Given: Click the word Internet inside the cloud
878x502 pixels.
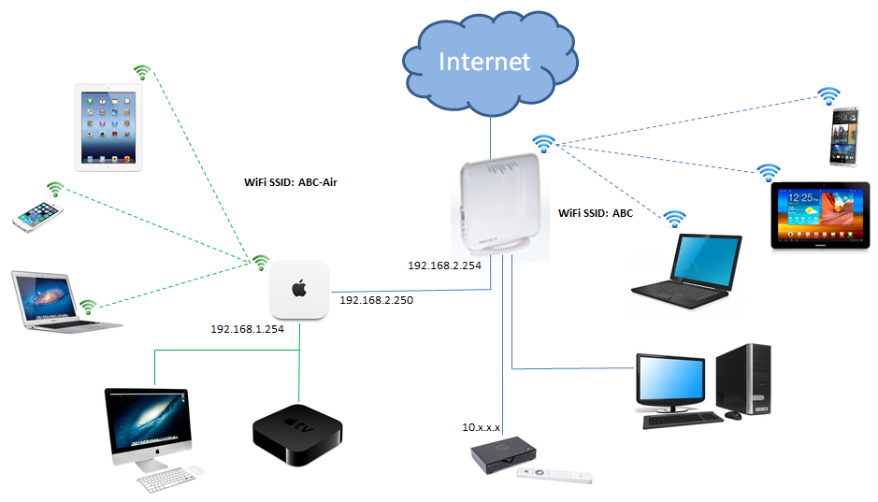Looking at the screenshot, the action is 484,62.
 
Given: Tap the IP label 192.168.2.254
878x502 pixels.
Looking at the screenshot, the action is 444,265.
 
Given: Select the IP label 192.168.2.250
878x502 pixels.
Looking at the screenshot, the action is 376,300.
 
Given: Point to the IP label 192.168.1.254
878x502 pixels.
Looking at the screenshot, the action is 247,329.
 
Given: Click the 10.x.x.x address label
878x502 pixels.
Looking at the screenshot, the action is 481,427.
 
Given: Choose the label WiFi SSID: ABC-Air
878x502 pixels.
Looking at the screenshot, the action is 291,182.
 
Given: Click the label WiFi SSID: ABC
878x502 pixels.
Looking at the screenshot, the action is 596,213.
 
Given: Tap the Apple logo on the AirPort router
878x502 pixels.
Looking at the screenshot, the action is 299,289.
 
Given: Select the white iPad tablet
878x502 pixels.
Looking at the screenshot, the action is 108,127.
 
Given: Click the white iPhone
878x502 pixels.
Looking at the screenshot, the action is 37,217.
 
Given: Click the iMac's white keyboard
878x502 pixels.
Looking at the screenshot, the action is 166,480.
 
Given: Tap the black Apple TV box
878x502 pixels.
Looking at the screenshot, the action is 297,435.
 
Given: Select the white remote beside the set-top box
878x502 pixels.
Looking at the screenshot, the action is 554,475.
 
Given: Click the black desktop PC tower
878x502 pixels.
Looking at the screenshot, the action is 743,379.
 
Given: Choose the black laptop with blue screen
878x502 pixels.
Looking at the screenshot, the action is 687,272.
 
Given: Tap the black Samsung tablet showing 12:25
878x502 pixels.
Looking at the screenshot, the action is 820,215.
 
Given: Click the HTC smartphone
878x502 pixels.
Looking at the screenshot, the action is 843,136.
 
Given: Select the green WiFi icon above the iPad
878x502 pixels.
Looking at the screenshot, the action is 142,72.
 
